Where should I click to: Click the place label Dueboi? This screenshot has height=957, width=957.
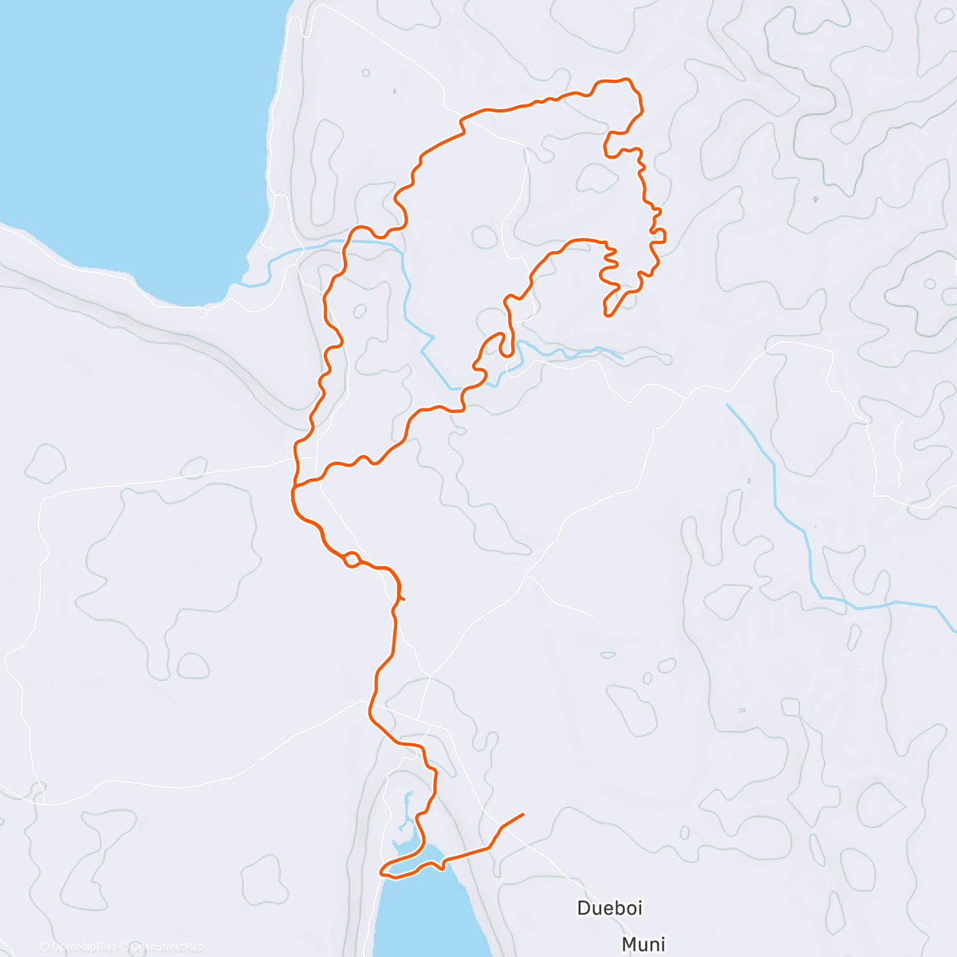coord(609,908)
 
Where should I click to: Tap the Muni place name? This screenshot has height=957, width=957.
coord(643,944)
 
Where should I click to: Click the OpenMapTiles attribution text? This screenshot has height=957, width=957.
coord(83,947)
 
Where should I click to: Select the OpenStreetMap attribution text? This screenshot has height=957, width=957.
coord(167,947)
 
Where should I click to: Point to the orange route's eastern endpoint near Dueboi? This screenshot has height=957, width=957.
coord(523,814)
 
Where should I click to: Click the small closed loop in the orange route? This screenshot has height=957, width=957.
coord(351,560)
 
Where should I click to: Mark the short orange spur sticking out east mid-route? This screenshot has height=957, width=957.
coord(402,597)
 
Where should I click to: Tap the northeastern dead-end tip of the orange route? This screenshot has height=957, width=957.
coord(607,316)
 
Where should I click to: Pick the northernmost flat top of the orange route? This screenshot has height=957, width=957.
coord(614,81)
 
